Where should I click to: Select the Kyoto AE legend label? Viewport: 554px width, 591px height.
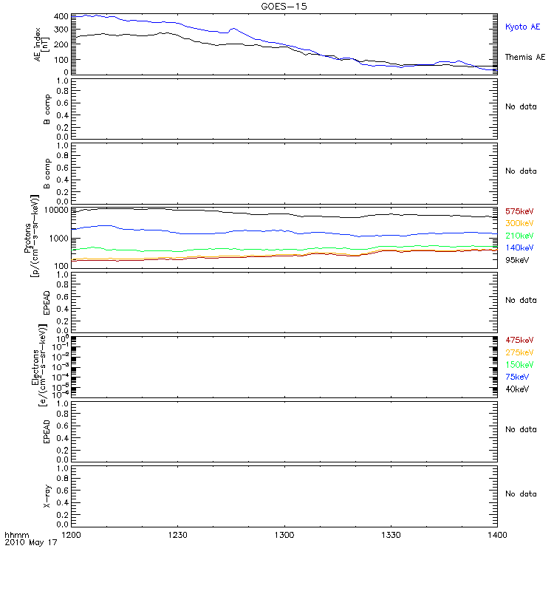(522, 27)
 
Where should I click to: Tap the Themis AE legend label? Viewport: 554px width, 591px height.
(524, 57)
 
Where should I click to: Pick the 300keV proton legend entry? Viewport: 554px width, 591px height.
(519, 223)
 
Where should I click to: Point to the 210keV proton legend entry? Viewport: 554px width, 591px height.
(519, 236)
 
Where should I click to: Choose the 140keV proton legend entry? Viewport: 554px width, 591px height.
(519, 247)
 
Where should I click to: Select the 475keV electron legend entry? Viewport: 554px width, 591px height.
(519, 341)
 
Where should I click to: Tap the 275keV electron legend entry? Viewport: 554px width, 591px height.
(519, 352)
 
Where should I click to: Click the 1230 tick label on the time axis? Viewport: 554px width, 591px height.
(177, 533)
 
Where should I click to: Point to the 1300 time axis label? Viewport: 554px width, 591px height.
(284, 533)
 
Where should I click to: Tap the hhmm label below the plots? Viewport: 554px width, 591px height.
(15, 533)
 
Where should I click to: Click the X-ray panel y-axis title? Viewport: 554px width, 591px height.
(47, 493)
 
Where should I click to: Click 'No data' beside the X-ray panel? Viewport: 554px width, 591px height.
(520, 493)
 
